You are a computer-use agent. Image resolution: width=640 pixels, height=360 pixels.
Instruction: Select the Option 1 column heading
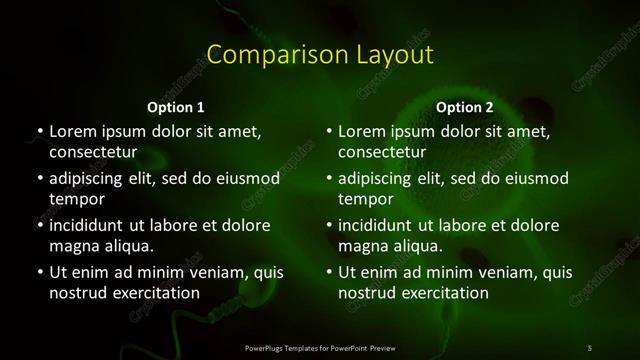(x=176, y=107)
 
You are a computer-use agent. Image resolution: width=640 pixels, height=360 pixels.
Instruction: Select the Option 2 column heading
(x=465, y=107)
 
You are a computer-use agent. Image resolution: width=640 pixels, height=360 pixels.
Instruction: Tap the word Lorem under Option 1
(x=73, y=131)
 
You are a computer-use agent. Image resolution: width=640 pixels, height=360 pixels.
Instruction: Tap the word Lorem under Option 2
(x=363, y=131)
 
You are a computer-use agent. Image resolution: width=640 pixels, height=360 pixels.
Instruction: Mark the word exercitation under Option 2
(x=443, y=293)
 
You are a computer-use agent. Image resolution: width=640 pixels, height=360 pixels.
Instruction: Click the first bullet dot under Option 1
(x=39, y=132)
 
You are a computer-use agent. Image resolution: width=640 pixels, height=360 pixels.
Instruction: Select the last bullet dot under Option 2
(x=329, y=273)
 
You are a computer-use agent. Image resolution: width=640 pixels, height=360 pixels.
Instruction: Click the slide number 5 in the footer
(x=589, y=347)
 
